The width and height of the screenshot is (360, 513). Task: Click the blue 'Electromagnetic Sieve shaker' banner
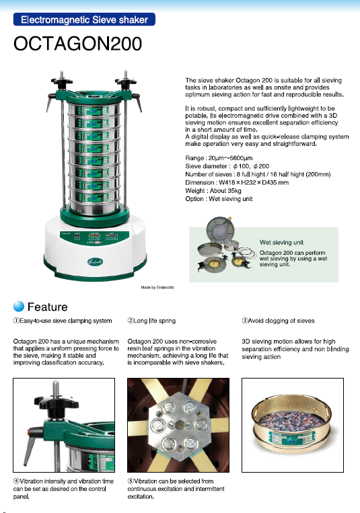point(84,19)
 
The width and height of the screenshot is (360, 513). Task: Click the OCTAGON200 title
point(77,44)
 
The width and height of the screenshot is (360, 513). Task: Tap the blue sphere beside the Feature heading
point(19,306)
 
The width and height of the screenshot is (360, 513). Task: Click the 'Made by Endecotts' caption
point(157,287)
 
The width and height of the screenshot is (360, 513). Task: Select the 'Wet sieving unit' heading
point(281,243)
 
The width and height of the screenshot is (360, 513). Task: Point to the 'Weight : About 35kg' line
point(213,190)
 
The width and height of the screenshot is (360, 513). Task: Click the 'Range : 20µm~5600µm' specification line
point(219,158)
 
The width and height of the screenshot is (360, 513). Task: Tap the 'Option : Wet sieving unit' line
point(219,198)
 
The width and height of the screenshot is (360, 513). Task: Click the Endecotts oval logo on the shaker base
point(95,262)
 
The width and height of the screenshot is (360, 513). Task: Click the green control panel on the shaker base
point(94,237)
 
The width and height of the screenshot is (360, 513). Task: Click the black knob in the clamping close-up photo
point(57,404)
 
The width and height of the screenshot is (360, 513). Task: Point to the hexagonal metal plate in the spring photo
point(178,425)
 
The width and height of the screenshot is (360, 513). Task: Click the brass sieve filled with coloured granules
point(291,426)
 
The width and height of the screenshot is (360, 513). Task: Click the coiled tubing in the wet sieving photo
point(247,253)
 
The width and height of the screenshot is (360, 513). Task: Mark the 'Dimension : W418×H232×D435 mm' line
point(237,182)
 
